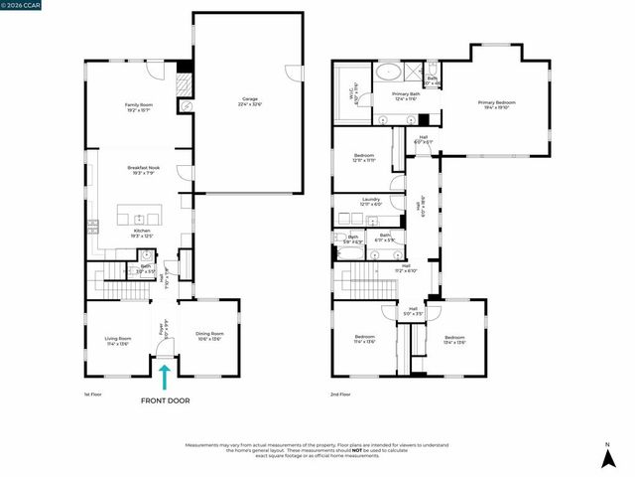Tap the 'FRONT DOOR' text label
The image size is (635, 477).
[166, 400]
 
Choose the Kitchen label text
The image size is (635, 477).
[142, 233]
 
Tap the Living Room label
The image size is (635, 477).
[117, 341]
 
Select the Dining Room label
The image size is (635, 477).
[209, 336]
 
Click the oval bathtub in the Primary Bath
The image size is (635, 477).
[388, 73]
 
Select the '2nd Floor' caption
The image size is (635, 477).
[340, 396]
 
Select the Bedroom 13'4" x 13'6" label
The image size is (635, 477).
[454, 341]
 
